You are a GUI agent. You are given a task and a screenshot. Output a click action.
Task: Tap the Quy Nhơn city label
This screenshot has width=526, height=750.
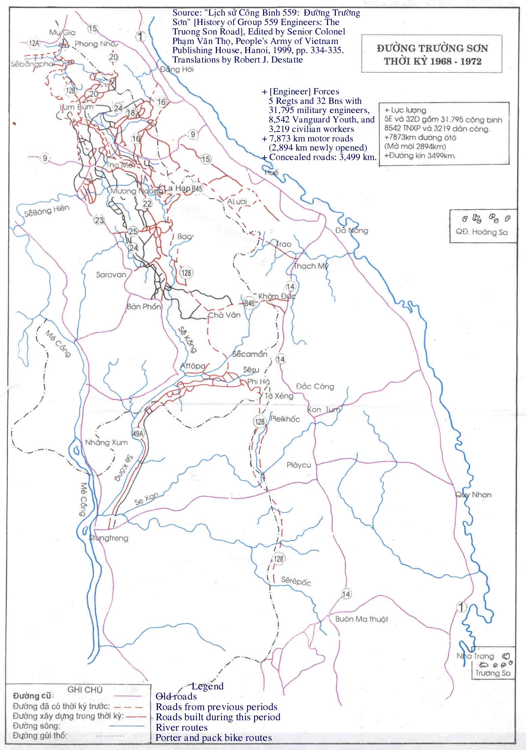(473, 495)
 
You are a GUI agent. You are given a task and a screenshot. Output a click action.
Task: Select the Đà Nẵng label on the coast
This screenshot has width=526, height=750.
(351, 230)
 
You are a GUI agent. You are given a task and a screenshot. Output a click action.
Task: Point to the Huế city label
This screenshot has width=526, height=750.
(272, 173)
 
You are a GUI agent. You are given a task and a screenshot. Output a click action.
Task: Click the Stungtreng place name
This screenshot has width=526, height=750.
(109, 538)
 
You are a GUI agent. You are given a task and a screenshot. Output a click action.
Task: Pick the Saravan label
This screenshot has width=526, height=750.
(111, 274)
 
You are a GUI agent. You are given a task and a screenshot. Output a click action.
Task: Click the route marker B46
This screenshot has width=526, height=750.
(249, 303)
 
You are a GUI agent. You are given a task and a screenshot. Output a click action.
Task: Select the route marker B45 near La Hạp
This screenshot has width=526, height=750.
(197, 188)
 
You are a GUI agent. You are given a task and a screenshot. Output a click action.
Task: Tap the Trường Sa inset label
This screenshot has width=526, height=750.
(492, 673)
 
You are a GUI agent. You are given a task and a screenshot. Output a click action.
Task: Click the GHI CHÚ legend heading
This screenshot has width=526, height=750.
(85, 690)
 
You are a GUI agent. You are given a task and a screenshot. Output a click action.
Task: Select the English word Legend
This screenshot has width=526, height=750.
(207, 686)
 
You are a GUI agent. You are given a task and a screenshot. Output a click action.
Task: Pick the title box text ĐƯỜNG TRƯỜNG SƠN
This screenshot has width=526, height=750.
(432, 48)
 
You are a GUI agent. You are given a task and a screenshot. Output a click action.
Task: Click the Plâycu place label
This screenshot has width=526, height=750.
(299, 465)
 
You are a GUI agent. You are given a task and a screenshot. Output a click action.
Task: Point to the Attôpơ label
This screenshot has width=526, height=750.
(193, 366)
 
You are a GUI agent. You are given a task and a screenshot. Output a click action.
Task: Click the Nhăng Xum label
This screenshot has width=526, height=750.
(106, 442)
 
